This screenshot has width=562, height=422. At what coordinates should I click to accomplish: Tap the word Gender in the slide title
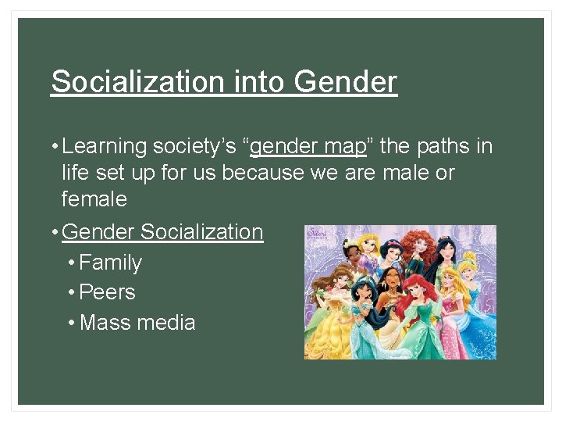(x=346, y=81)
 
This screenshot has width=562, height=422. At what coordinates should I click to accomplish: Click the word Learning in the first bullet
(x=105, y=146)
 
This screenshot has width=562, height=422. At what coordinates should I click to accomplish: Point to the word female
(x=94, y=199)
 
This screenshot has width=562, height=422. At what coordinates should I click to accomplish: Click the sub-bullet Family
(x=111, y=263)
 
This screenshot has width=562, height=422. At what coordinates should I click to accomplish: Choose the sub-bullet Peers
(x=108, y=292)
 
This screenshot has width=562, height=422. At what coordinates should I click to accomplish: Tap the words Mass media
(x=137, y=322)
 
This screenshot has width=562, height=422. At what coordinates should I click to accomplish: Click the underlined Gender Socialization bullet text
(x=162, y=232)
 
